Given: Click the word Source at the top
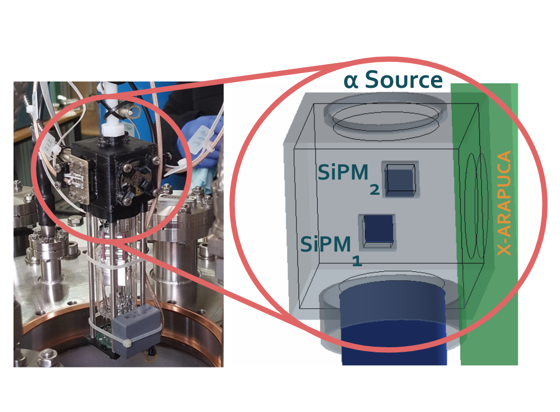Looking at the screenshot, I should [x=403, y=80].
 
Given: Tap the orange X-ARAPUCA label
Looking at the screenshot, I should [x=505, y=203].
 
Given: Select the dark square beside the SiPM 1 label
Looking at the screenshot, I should [x=378, y=231].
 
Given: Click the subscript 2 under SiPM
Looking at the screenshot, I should [x=375, y=191].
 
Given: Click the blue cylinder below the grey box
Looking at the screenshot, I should [x=393, y=326].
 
